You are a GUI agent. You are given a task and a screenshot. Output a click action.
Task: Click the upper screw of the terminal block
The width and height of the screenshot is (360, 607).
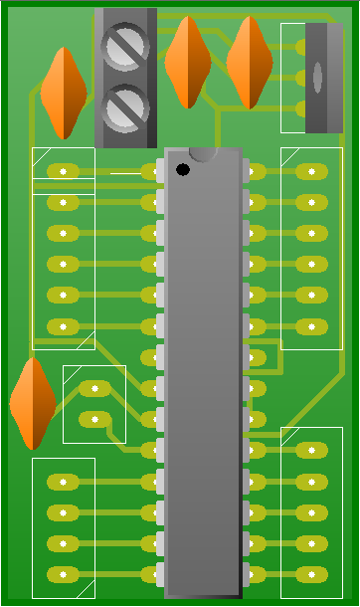click(125, 47)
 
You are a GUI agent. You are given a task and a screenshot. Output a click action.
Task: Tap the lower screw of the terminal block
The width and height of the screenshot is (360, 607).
click(125, 107)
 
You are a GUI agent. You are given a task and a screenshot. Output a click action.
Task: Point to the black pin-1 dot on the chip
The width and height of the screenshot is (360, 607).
click(183, 170)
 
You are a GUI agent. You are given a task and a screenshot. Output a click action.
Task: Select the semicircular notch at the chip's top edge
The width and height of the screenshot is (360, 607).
click(203, 153)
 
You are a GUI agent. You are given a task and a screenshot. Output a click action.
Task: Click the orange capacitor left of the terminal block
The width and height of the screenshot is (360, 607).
click(64, 93)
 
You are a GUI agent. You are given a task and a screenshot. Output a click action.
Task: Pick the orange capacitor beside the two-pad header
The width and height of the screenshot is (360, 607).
click(33, 403)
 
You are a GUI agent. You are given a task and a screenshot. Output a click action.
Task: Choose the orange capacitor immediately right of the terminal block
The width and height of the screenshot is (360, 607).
click(187, 62)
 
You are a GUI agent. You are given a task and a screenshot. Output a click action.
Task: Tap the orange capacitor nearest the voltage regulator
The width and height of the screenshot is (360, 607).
click(250, 62)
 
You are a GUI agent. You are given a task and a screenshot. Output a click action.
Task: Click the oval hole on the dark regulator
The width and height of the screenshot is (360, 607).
click(317, 78)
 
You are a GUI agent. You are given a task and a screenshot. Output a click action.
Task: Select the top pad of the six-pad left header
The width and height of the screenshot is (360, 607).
click(63, 171)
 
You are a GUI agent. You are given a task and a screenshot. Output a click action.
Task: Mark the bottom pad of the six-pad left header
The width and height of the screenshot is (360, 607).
click(63, 326)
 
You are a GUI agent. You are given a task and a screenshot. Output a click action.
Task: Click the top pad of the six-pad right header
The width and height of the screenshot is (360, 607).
click(311, 171)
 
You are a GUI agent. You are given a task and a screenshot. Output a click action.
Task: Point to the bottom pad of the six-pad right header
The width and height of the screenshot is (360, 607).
click(311, 326)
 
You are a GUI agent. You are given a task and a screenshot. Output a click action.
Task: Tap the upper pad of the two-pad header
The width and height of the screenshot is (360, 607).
click(94, 388)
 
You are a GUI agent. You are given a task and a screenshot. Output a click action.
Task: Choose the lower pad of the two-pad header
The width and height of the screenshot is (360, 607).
click(94, 419)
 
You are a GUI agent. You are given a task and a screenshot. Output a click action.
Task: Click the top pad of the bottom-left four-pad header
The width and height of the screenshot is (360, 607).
click(63, 482)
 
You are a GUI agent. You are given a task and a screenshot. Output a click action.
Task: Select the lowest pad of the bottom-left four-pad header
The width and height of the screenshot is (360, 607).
click(63, 575)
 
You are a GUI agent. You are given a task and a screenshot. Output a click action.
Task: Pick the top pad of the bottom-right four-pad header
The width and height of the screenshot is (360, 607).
click(311, 451)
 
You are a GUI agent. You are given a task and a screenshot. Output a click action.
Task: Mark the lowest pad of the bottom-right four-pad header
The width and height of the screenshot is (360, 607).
click(311, 575)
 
